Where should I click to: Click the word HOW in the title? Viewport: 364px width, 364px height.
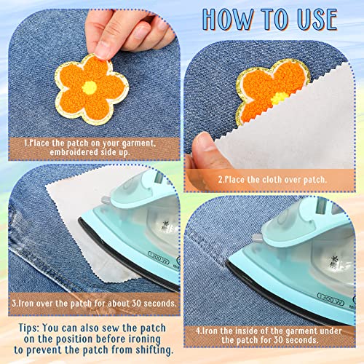[227, 20]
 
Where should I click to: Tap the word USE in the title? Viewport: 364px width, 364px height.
[317, 20]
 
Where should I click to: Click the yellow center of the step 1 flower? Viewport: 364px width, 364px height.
[89, 87]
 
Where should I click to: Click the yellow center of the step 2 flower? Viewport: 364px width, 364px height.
[280, 98]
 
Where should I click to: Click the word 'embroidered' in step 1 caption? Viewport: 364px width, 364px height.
[71, 152]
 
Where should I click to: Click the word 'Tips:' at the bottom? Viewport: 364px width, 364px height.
[28, 328]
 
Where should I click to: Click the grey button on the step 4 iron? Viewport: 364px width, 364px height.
[257, 238]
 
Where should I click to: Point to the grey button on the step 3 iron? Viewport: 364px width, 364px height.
[106, 200]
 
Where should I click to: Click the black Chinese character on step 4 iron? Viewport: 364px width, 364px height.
[334, 261]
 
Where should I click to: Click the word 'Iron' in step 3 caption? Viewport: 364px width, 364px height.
[24, 304]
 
